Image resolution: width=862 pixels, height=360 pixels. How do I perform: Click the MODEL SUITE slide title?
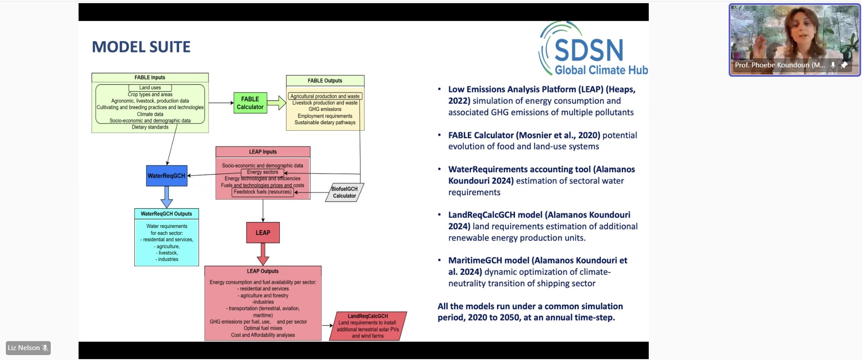pos(141,47)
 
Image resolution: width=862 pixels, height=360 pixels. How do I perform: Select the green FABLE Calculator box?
pos(250,103)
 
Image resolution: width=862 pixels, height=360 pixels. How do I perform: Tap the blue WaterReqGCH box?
pos(166,176)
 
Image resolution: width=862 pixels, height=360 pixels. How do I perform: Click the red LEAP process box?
pos(263,233)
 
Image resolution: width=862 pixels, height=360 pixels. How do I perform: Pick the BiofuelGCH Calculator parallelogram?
pos(344,192)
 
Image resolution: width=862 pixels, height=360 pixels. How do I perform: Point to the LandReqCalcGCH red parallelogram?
pos(368,326)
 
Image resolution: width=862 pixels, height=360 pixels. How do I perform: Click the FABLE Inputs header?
pos(150,78)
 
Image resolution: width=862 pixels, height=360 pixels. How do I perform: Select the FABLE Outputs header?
pos(325,81)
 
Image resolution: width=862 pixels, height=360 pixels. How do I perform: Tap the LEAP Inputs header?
pos(263,152)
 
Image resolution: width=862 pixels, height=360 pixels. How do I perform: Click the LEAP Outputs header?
pos(263,271)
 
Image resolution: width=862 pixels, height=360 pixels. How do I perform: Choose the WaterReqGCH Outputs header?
pos(166,214)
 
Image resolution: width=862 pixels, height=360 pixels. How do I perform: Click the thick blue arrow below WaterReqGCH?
pos(167,197)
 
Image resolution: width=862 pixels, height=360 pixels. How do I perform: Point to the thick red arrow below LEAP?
pos(263,254)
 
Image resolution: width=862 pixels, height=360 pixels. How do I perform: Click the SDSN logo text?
pos(589,50)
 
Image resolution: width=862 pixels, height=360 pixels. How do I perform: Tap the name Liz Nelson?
pos(24,348)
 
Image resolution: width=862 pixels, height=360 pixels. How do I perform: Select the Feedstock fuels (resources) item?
pos(263,192)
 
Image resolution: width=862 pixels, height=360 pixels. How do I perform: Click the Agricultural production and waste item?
pos(325,96)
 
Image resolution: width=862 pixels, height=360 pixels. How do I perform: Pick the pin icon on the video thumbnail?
pos(844,65)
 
